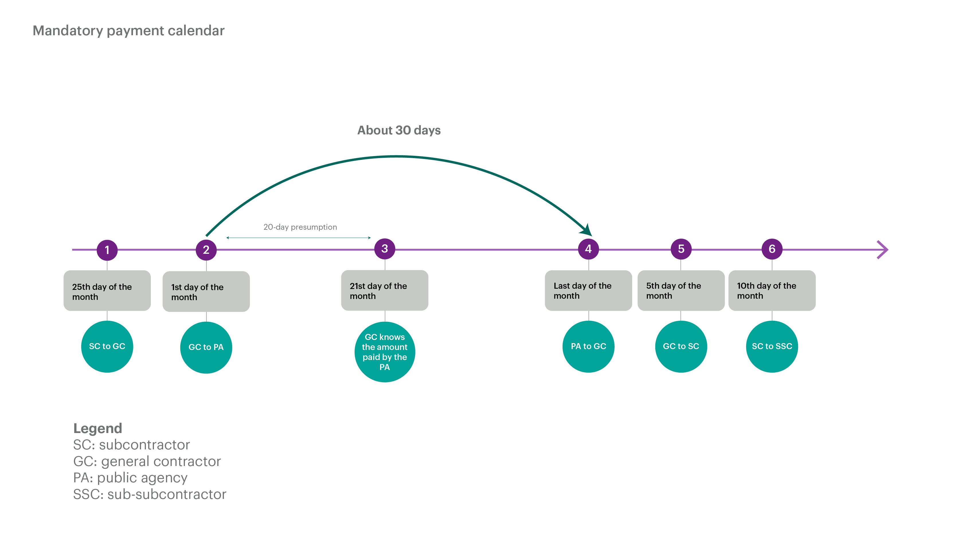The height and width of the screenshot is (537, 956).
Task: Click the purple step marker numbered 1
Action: click(107, 250)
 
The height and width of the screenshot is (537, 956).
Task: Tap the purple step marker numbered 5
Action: click(681, 249)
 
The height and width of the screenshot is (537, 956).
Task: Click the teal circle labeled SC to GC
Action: click(107, 346)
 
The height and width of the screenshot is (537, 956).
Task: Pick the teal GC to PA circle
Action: click(206, 347)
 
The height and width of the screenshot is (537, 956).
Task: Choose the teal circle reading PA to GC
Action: click(588, 346)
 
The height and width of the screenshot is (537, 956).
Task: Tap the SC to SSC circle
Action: click(772, 346)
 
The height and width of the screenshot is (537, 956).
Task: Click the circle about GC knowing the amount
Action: click(385, 352)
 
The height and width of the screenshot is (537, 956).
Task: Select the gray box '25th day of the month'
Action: click(107, 291)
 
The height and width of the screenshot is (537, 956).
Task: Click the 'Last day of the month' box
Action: click(588, 290)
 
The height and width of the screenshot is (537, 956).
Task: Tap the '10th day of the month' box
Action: click(772, 290)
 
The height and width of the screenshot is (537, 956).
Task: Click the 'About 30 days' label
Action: click(399, 130)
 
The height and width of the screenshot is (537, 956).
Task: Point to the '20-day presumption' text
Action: click(300, 227)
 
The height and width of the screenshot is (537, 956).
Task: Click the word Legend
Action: click(97, 428)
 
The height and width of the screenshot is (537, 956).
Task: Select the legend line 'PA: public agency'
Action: click(130, 478)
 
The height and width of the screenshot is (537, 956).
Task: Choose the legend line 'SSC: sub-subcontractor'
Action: click(150, 494)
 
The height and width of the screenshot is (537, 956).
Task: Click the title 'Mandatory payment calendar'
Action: click(128, 31)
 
